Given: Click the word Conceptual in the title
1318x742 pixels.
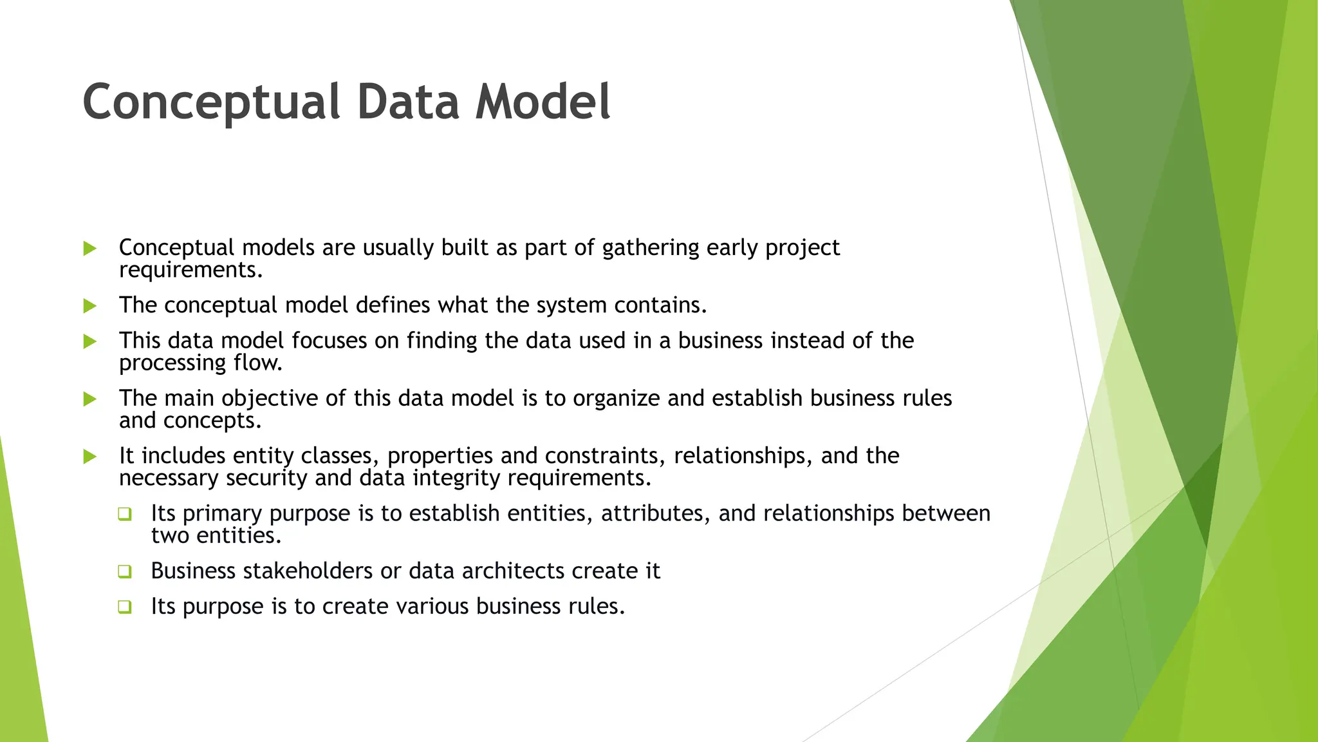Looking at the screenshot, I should pos(211,102).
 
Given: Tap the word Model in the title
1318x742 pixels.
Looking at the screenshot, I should pos(543,102).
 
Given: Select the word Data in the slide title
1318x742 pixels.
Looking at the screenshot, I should pos(408,102).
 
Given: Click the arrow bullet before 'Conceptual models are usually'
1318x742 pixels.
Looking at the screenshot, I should pos(90,249).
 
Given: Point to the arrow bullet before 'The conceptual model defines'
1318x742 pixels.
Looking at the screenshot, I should pos(90,306).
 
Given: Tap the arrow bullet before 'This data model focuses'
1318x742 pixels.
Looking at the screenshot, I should pos(90,341).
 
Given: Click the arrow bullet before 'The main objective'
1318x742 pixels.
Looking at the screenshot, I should pos(90,399).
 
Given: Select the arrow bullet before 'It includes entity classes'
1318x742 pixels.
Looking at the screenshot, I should pos(90,457).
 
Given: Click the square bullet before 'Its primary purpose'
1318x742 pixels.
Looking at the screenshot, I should pos(125,514).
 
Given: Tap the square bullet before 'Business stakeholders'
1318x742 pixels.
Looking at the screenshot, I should pos(125,571).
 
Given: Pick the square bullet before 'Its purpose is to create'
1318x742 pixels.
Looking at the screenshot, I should pos(125,607).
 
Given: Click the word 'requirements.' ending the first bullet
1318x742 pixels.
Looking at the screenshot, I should pos(191,271).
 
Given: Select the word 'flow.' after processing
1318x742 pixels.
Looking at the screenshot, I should pos(258,363).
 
